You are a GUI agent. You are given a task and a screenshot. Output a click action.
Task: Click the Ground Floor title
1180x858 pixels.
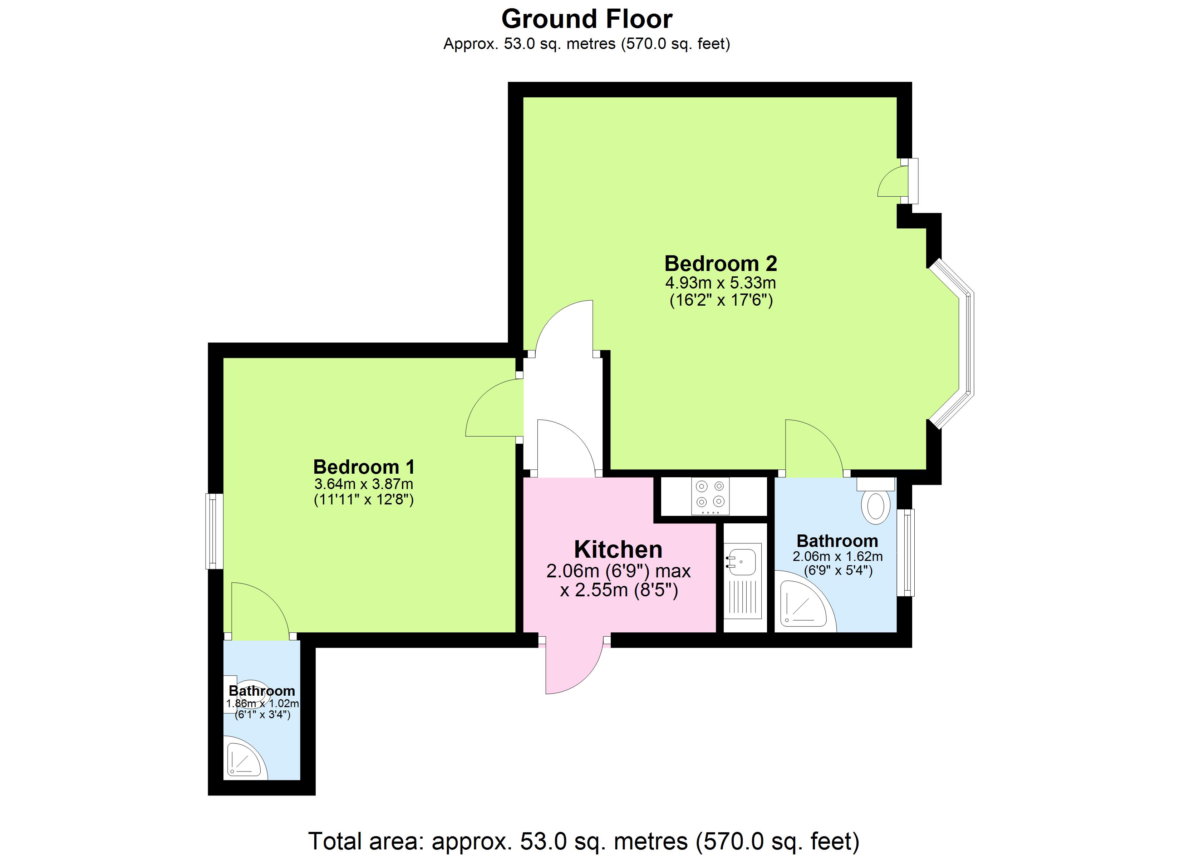coord(586,19)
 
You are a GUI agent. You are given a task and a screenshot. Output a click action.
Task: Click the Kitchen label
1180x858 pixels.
coord(618,549)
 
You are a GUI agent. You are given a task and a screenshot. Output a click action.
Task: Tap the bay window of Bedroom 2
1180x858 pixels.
coord(952,344)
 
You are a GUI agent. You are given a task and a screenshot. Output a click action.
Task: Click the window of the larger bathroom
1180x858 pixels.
coord(906,553)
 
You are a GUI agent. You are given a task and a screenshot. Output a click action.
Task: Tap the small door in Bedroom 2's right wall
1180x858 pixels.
coord(896,181)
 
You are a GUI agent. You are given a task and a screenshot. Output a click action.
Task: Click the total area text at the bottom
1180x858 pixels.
coord(584,841)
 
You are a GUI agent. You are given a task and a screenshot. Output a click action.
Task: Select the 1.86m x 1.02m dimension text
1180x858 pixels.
coord(262,704)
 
